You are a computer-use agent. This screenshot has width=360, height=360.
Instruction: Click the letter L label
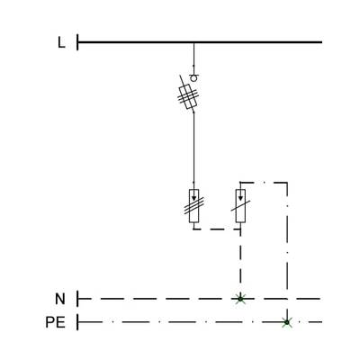click(61, 42)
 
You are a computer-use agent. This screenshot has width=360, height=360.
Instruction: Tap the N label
click(60, 299)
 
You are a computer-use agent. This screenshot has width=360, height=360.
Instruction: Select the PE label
click(55, 322)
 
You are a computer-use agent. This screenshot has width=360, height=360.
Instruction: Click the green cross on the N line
click(240, 299)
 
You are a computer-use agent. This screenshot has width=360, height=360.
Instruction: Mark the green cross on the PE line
click(287, 322)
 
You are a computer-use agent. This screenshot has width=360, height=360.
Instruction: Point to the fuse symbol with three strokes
click(188, 96)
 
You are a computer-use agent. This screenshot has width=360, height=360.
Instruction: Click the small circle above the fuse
click(194, 78)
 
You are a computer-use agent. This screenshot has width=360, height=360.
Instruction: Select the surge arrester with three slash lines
click(194, 206)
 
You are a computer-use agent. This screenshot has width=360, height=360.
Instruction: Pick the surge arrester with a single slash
click(240, 206)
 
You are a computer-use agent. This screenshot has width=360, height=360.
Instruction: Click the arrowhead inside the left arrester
click(193, 198)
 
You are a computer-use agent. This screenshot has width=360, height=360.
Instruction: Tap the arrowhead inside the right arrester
click(240, 198)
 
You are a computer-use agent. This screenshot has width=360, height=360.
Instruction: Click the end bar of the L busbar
click(77, 42)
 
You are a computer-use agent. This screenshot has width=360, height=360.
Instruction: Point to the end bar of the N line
click(77, 299)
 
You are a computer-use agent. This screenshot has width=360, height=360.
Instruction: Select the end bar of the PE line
click(77, 322)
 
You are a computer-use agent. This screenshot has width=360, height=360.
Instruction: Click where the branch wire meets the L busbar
click(193, 42)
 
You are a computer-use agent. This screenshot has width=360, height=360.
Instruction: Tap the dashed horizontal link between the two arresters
click(217, 229)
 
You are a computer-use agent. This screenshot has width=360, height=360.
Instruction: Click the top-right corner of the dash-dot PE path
click(287, 183)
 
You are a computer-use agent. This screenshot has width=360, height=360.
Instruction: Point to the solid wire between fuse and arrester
click(193, 147)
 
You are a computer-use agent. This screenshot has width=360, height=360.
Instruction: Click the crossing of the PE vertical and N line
click(287, 299)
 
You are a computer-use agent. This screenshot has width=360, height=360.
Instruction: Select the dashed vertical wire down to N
click(240, 264)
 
